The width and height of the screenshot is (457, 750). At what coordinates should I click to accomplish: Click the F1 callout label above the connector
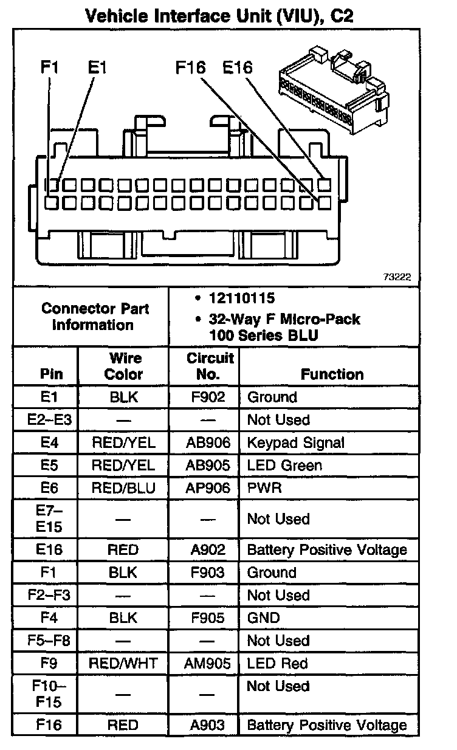49,67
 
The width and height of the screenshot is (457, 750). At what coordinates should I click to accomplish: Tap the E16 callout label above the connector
237,67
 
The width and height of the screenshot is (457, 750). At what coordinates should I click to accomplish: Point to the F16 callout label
190,67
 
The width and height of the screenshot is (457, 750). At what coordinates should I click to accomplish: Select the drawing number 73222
397,277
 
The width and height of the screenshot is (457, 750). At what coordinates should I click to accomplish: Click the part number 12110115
241,298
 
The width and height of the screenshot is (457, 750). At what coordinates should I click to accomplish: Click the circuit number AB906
208,442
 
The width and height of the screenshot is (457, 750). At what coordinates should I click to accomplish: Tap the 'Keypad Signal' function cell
295,442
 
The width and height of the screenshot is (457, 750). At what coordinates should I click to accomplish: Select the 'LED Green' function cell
284,466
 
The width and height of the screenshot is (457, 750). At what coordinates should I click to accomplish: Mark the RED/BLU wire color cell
123,488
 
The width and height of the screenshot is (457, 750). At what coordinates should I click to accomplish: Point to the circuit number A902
208,550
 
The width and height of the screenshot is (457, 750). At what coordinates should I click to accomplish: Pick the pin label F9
49,663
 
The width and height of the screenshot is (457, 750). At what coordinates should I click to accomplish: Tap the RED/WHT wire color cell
123,663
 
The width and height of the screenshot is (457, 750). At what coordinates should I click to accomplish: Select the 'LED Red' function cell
278,663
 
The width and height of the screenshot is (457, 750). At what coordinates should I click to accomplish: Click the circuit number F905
208,618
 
